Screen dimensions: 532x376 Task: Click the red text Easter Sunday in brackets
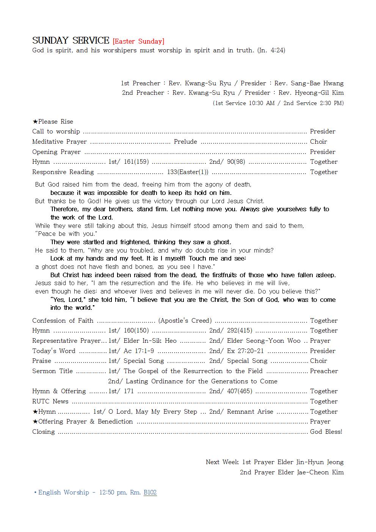pyautogui.click(x=138, y=41)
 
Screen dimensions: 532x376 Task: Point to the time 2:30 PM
pyautogui.click(x=331, y=103)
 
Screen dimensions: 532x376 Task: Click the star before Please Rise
pyautogui.click(x=35, y=122)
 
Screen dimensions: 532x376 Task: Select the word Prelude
pyautogui.click(x=185, y=142)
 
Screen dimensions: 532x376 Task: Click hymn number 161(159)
pyautogui.click(x=136, y=162)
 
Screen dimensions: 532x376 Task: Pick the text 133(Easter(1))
pyautogui.click(x=188, y=172)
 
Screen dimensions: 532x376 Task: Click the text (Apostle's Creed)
pyautogui.click(x=185, y=321)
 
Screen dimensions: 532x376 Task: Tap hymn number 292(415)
pyautogui.click(x=240, y=331)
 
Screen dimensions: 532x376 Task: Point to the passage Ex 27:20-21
pyautogui.click(x=245, y=351)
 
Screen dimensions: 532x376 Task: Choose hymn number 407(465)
pyautogui.click(x=240, y=391)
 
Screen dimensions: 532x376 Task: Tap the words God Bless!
pyautogui.click(x=326, y=432)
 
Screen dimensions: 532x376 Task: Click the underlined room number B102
pyautogui.click(x=150, y=493)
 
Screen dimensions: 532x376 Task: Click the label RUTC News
pyautogui.click(x=50, y=402)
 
